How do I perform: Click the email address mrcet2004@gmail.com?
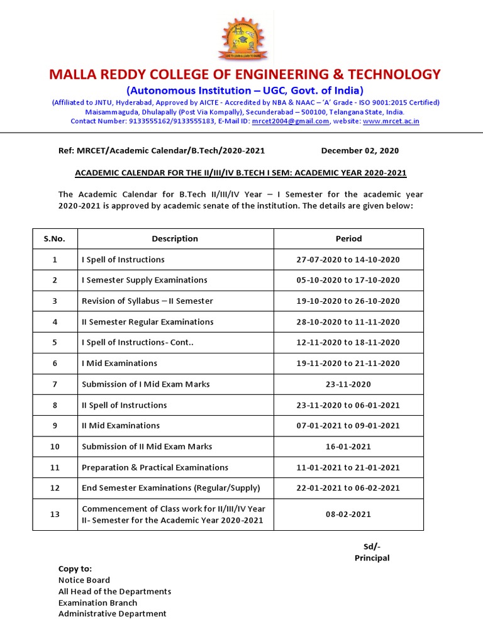290,121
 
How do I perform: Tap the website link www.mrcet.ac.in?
391,121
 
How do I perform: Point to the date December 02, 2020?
360,151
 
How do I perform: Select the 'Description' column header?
175,239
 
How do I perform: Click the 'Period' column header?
348,239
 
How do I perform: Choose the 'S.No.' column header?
55,239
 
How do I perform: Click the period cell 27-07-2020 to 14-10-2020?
348,260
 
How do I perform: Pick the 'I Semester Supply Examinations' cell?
145,280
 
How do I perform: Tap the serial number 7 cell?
55,384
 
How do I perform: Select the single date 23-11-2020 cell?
348,384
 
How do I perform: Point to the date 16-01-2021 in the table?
348,447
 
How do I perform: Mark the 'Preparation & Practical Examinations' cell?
155,467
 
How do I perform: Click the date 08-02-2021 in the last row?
348,514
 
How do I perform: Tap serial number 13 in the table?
55,514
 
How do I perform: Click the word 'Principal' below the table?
372,558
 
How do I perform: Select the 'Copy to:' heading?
75,569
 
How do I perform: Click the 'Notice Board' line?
84,580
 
